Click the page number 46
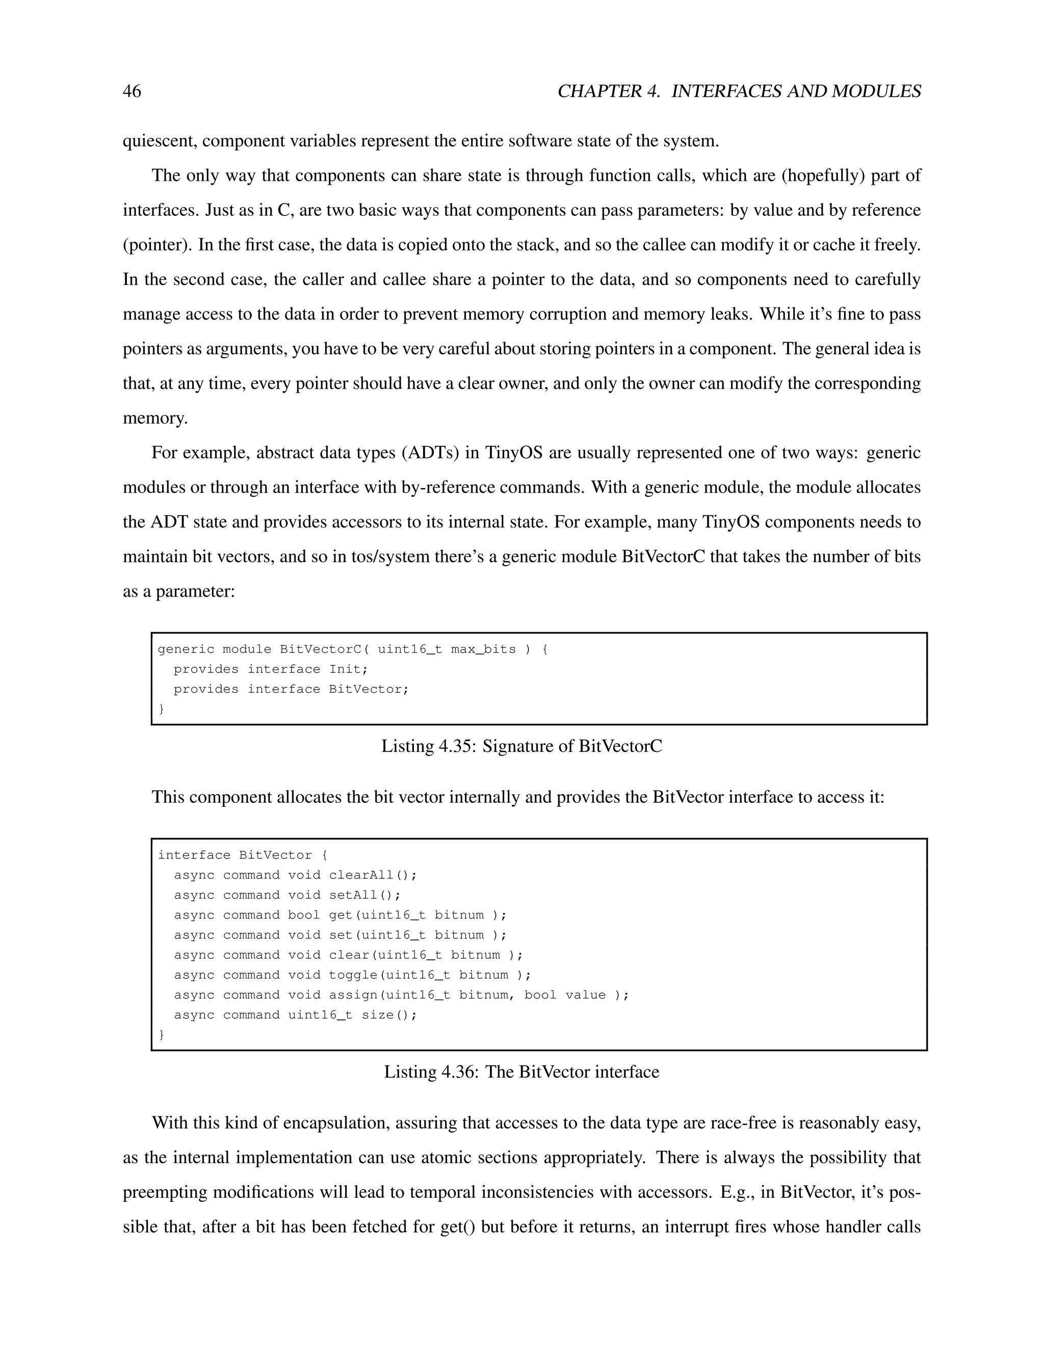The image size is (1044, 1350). [132, 92]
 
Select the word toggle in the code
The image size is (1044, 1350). [353, 975]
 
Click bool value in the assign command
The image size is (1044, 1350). [565, 994]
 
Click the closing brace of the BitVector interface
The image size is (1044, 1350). [162, 1035]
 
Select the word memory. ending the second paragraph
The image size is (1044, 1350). [154, 418]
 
